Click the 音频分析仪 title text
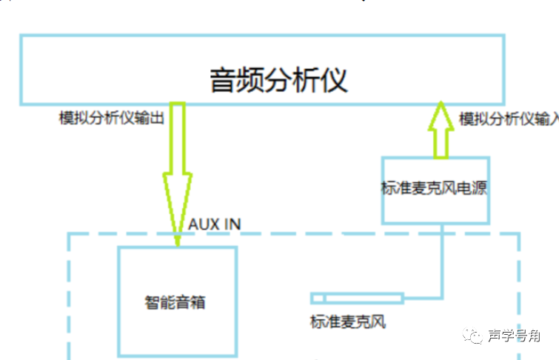278,80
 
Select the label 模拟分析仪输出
111,118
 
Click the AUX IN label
215,224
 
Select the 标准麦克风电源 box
435,190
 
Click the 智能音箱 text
175,302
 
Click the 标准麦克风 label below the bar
347,322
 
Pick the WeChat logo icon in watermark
471,337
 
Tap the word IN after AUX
232,224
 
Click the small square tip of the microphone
318,299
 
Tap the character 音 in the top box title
223,80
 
